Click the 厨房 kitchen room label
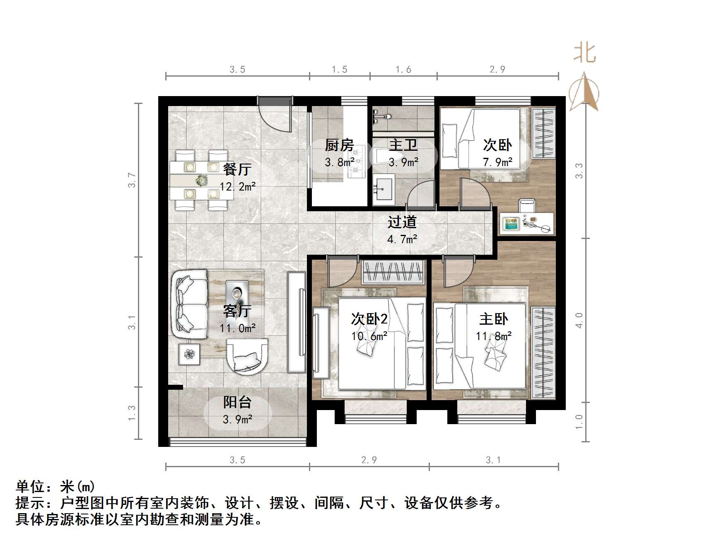tap(339, 145)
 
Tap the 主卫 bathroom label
tap(403, 145)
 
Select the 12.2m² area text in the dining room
tap(237, 187)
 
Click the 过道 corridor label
tap(402, 222)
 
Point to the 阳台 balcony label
tap(237, 402)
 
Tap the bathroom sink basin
tap(384, 189)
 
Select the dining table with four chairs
tap(201, 180)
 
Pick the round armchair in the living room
tap(247, 357)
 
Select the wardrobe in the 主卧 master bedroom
tap(543, 352)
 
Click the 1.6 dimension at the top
tap(403, 70)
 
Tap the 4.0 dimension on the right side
tap(579, 321)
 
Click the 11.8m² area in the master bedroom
tap(493, 336)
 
